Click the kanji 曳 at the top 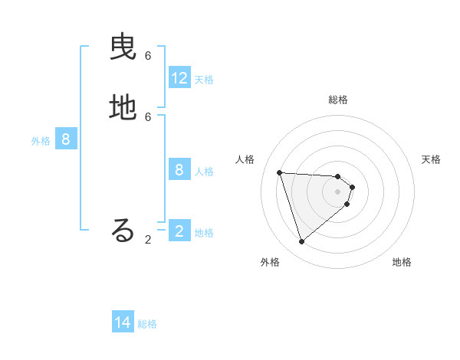(x=123, y=49)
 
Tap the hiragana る (x=123, y=231)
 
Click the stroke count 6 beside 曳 (x=148, y=56)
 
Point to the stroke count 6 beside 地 (x=148, y=116)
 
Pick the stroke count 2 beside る (x=148, y=240)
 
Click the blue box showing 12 (x=179, y=78)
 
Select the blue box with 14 (x=123, y=322)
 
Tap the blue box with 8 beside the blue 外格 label (x=66, y=139)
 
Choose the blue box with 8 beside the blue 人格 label (x=179, y=170)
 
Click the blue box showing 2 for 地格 (x=179, y=231)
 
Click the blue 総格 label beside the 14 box (x=147, y=324)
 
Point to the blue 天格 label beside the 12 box (x=204, y=80)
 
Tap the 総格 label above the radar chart (x=338, y=100)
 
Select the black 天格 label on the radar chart (x=431, y=159)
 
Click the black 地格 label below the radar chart (x=402, y=262)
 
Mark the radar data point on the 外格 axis (x=301, y=242)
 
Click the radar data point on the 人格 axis (x=279, y=172)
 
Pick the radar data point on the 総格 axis (x=338, y=175)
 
